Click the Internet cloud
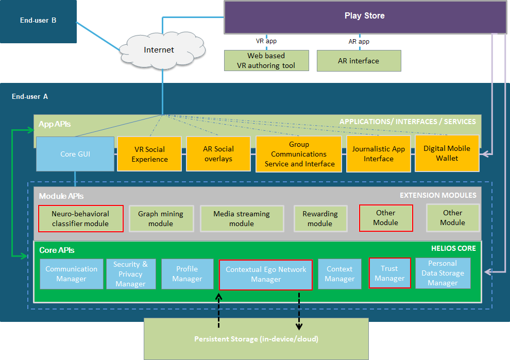click(x=159, y=50)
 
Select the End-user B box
click(x=38, y=21)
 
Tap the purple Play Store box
click(x=364, y=16)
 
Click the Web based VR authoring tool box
click(x=266, y=60)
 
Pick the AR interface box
click(x=359, y=60)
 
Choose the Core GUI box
click(x=75, y=153)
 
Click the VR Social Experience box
click(x=149, y=154)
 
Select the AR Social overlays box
click(x=218, y=154)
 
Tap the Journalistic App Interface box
click(x=379, y=154)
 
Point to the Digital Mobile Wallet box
click(x=447, y=153)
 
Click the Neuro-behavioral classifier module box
click(x=80, y=218)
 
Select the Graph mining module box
click(x=161, y=218)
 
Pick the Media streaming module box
click(x=242, y=218)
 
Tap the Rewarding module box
click(x=320, y=218)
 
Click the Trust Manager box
click(x=389, y=273)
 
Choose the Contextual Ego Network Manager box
click(x=266, y=274)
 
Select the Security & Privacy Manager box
click(x=130, y=273)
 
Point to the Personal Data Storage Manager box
click(x=443, y=273)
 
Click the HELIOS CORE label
click(x=453, y=248)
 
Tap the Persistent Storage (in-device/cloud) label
click(x=256, y=339)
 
